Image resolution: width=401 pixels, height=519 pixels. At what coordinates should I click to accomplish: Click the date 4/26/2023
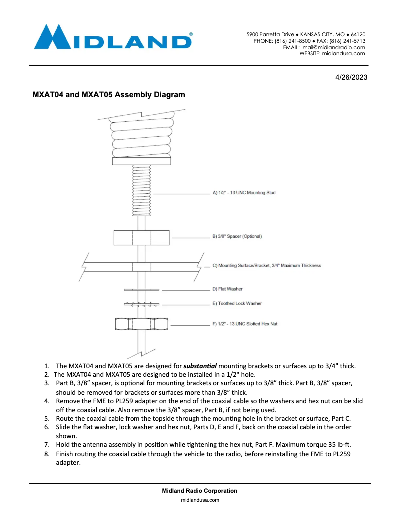point(351,78)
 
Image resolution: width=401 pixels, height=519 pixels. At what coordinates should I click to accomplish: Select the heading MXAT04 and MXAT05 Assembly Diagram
point(109,94)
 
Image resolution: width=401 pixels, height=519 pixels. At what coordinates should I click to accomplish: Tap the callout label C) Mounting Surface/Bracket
point(266,266)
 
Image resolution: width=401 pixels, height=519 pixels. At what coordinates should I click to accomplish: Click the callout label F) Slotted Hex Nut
point(244,324)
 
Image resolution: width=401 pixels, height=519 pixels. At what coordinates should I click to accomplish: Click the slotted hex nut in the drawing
point(141,324)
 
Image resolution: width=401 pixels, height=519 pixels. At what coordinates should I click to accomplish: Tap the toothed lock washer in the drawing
point(141,303)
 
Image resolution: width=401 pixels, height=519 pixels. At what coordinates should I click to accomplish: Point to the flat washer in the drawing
point(141,289)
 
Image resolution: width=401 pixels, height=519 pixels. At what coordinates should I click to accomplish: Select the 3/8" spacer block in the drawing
point(141,237)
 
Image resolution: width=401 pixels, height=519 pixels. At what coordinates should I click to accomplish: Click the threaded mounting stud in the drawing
point(141,190)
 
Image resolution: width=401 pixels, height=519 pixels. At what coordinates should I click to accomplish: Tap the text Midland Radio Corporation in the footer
point(200,491)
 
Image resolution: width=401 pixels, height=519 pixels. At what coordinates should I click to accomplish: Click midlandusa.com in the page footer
point(200,499)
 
